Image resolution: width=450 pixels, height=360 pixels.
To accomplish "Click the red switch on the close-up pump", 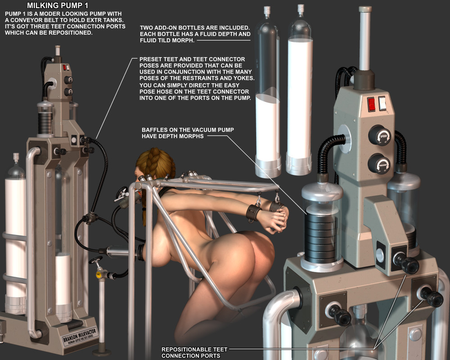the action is point(371,104).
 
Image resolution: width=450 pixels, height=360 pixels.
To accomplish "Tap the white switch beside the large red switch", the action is point(382,103).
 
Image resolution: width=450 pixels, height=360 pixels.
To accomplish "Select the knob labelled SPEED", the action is point(380,136).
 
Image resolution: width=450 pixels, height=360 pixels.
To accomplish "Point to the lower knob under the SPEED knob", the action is point(379,164).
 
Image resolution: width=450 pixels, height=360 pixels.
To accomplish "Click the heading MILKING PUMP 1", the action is point(58,5).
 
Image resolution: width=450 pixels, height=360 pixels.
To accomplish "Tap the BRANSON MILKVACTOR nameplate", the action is point(81,336).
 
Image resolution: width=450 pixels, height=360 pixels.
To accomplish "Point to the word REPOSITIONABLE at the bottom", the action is point(186,349).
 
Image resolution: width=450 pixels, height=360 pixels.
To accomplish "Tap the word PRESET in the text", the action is point(150,59).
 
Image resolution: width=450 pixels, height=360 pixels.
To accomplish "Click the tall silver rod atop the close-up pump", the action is point(365,38).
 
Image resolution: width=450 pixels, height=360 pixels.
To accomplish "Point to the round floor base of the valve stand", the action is point(102,351).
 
